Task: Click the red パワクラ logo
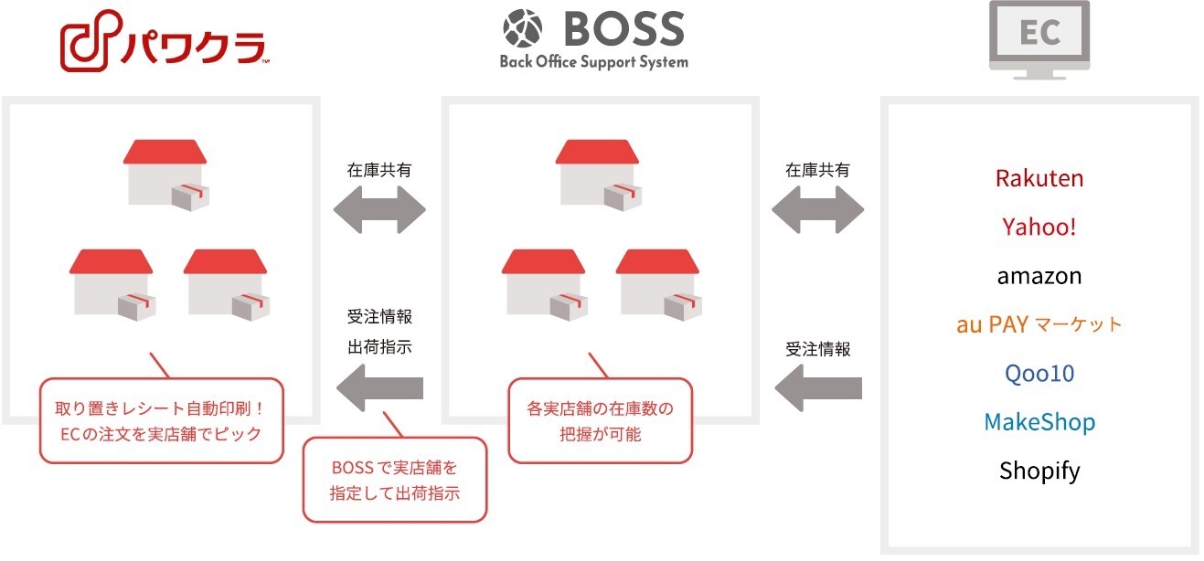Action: [164, 40]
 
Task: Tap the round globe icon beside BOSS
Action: [522, 28]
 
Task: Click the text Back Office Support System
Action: [594, 62]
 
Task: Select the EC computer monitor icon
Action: [1039, 40]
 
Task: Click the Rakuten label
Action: [1039, 178]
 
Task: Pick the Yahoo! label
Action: [1039, 227]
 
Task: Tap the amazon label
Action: [1039, 276]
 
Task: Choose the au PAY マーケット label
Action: [1039, 324]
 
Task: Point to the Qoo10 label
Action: [1039, 374]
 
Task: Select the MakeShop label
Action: [1039, 422]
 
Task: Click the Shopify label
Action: [1039, 471]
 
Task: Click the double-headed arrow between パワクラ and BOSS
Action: [379, 209]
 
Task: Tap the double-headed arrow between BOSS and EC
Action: [817, 209]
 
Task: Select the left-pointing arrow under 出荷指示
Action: [379, 388]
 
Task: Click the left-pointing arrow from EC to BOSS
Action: [818, 388]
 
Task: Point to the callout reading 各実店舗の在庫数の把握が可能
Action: [600, 420]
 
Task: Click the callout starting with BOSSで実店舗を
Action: [395, 480]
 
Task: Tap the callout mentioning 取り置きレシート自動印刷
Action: [161, 420]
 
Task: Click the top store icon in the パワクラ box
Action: [165, 175]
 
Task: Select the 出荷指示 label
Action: [379, 347]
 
